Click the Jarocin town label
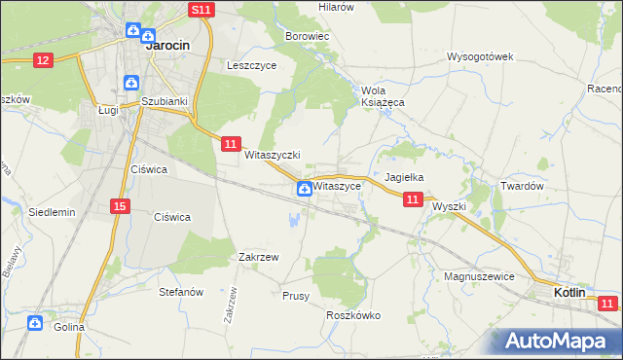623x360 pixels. pos(166,45)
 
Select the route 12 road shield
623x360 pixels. pos(42,60)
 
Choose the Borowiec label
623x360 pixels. pos(308,36)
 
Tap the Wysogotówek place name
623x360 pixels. pos(480,56)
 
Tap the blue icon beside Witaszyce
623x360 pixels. pos(305,188)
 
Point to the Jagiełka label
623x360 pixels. pos(404,177)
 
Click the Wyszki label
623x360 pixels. pos(450,206)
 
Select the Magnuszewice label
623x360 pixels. pos(479,276)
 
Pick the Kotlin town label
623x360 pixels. pos(569,292)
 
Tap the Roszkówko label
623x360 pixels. pos(353,315)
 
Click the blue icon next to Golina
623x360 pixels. pos(36,322)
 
